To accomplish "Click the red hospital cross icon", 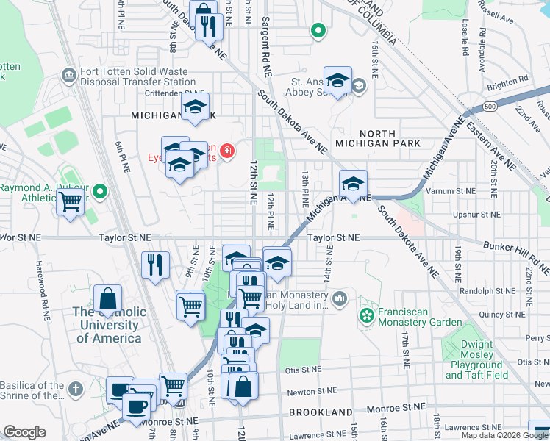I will [x=227, y=151].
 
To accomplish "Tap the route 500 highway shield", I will [x=490, y=107].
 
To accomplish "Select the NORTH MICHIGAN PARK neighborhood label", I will [x=376, y=143].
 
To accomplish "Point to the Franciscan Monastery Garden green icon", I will [x=366, y=315].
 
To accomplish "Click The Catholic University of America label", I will [x=107, y=325].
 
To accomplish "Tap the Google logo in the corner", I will [x=25, y=432].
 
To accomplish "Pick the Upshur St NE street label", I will [x=476, y=216].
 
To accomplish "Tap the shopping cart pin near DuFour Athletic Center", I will [x=71, y=201].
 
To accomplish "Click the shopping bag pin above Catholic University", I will [x=107, y=299].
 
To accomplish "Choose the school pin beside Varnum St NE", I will [x=354, y=184].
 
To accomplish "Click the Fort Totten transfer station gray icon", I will [x=69, y=75].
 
